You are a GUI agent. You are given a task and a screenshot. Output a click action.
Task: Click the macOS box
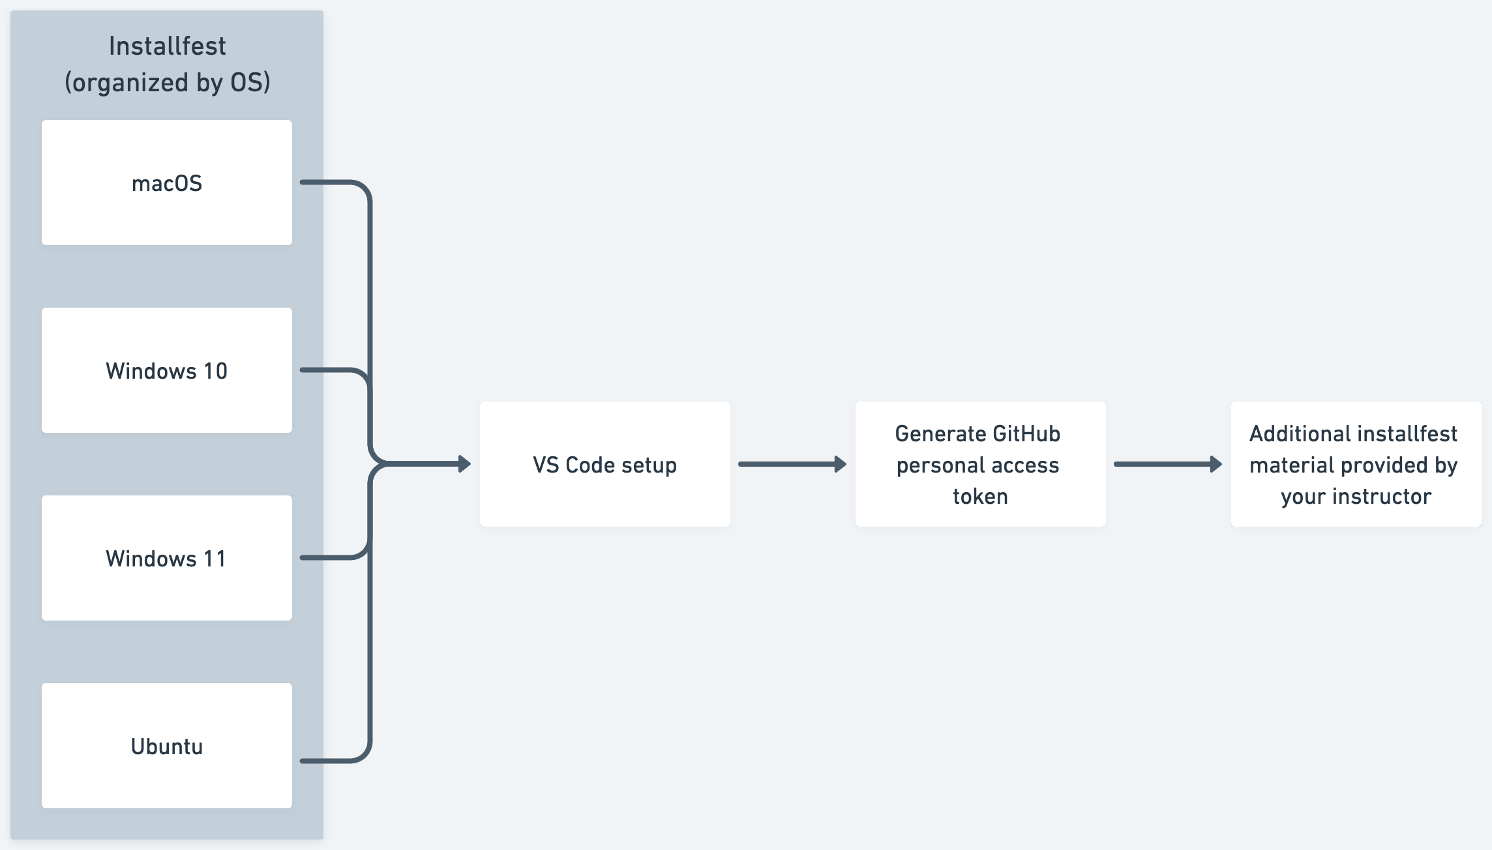pos(167,183)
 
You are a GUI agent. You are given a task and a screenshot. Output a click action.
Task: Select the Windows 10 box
pos(167,370)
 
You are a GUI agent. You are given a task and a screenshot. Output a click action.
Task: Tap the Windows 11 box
pos(167,558)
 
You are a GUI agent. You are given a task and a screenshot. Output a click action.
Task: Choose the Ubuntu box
pos(167,746)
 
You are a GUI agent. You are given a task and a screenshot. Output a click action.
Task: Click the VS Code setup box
pos(604,464)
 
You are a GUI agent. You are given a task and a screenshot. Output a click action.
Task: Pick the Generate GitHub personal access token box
pos(980,464)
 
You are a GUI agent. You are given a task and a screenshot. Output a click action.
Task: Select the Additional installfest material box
pos(1356,464)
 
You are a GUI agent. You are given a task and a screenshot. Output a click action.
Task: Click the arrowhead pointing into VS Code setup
pos(464,464)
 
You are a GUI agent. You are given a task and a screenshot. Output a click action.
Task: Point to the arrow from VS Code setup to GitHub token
pos(792,464)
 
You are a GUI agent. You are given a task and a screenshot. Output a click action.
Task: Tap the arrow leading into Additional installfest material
pos(1168,464)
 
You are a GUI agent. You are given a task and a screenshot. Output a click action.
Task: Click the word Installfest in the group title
pos(167,46)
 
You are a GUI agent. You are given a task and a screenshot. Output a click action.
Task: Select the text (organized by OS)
pos(167,83)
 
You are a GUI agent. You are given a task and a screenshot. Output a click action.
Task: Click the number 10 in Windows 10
pos(215,371)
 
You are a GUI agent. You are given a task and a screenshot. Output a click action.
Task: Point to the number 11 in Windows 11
pos(214,559)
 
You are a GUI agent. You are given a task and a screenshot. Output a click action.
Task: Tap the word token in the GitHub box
pos(980,497)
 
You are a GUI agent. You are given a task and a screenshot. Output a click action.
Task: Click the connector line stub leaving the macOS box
pos(326,183)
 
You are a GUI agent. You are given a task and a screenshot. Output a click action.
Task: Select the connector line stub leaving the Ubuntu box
pos(326,761)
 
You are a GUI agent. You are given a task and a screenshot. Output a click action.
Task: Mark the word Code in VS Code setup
pos(589,465)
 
